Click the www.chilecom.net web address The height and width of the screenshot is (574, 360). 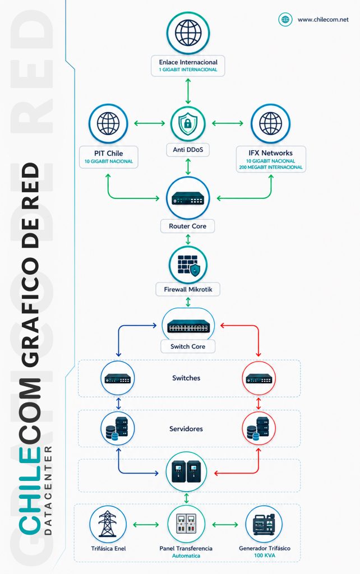[x=323, y=20]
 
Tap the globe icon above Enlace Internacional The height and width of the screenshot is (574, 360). [x=188, y=33]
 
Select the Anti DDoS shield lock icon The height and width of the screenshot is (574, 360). [x=188, y=123]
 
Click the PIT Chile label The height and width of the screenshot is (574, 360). [x=108, y=154]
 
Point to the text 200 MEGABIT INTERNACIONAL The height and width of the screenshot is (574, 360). [x=271, y=167]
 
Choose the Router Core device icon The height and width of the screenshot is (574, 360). [x=188, y=198]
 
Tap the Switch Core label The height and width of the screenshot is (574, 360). [x=188, y=346]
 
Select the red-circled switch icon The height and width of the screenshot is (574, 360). [x=259, y=378]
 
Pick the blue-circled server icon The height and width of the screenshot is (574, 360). [x=118, y=428]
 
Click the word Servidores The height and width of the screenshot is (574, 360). [x=186, y=429]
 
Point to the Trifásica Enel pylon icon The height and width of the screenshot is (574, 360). [x=108, y=524]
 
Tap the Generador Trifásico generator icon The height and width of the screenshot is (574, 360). [x=264, y=524]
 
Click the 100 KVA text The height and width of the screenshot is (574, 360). [x=265, y=556]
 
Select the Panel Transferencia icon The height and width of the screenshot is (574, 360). [x=186, y=524]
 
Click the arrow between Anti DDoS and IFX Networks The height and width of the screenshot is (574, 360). [x=228, y=123]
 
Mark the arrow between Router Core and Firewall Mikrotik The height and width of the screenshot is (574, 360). [x=188, y=239]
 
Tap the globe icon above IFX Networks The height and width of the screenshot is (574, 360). [x=271, y=124]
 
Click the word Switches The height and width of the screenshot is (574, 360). [x=186, y=378]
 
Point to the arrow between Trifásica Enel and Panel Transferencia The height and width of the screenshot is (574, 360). [x=146, y=525]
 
